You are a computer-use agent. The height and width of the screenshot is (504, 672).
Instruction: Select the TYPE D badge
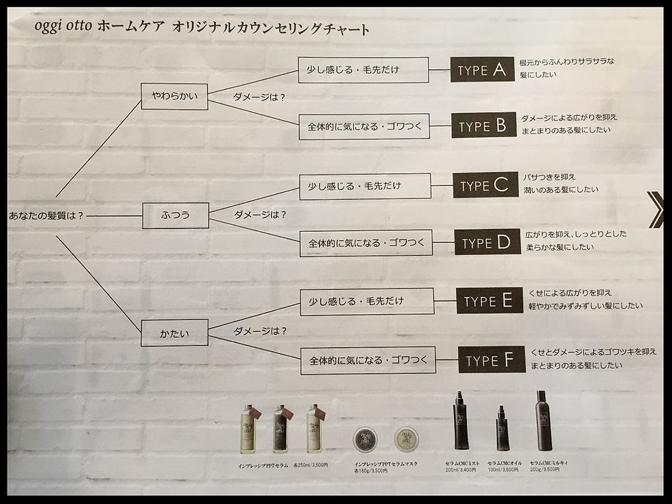coord(486,243)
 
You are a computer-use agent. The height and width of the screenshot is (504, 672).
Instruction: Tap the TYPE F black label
coord(490,361)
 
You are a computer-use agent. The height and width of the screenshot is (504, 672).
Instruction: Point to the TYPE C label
coord(485,186)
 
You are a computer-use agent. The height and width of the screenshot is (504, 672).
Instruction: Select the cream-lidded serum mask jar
coord(405,439)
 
